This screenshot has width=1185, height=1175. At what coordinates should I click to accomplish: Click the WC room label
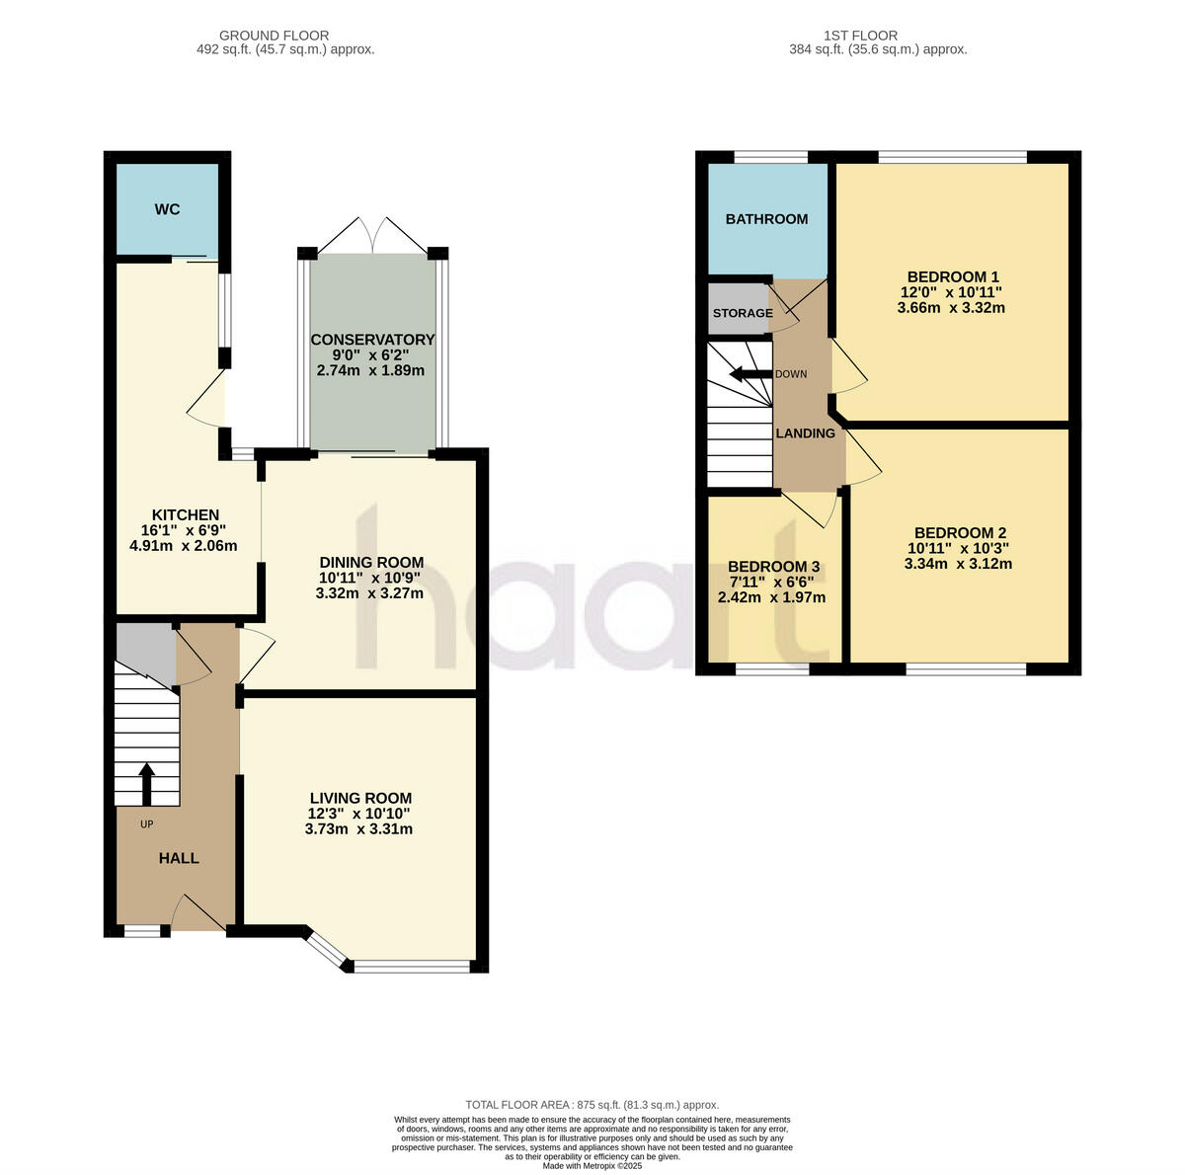point(167,210)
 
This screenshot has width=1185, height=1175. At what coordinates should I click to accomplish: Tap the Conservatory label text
point(372,340)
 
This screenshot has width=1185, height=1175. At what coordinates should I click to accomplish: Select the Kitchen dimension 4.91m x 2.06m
point(184,545)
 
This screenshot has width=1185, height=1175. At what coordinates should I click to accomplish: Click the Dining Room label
point(370,562)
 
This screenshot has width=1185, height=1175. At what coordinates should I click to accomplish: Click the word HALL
point(179,858)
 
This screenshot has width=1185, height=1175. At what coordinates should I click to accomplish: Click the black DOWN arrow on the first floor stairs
point(749,374)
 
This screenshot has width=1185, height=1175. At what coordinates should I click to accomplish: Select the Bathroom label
point(766,219)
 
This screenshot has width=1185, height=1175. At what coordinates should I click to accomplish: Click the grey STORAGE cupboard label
point(743,313)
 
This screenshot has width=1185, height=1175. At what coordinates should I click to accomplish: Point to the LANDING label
point(805,433)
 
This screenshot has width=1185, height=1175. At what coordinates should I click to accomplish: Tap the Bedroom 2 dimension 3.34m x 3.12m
point(958,565)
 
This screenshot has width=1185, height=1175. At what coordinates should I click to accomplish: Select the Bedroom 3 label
point(773,567)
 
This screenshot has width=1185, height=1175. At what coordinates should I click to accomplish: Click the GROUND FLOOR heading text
point(274,36)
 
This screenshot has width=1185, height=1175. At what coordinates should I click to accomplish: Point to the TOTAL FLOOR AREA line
point(592,1105)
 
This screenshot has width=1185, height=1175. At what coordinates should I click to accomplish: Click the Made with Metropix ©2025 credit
point(592,1166)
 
